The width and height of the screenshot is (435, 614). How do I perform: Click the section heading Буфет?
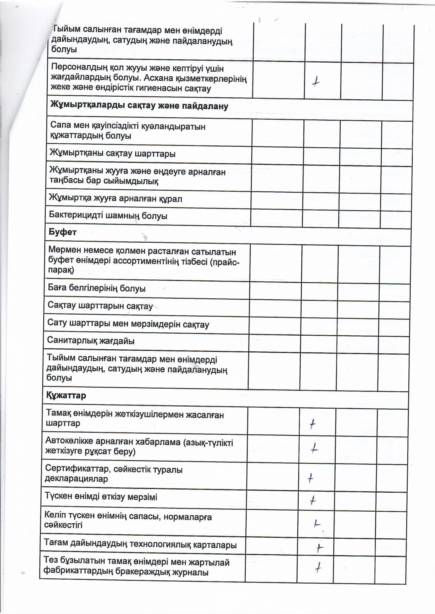[62, 232]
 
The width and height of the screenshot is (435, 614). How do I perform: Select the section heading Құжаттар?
[66, 395]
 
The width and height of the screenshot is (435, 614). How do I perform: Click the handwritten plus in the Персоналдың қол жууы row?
[316, 81]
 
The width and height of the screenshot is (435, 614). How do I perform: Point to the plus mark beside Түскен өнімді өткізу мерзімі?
[313, 500]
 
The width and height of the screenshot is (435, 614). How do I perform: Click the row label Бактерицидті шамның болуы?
[108, 216]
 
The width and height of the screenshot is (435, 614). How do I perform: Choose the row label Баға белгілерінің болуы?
[97, 288]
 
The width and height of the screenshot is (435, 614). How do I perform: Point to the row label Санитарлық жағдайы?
[90, 341]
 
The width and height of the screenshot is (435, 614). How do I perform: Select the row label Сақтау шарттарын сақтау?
[100, 306]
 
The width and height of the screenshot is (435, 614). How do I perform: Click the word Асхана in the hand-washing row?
[160, 78]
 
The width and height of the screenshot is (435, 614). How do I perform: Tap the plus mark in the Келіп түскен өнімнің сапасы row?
[317, 524]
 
